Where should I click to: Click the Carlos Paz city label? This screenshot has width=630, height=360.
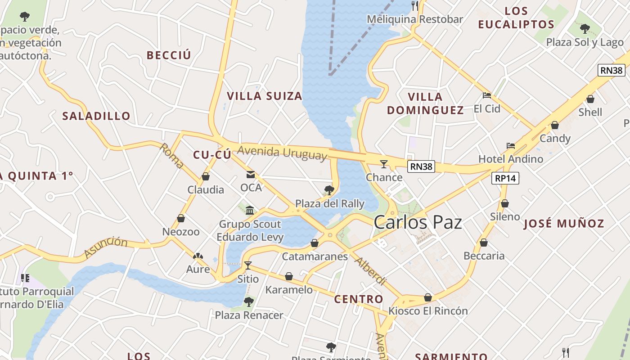[418, 222]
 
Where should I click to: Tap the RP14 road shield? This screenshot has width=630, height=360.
[505, 178]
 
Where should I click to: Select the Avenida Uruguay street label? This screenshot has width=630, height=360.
[282, 153]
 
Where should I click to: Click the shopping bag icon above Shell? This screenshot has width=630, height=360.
[590, 99]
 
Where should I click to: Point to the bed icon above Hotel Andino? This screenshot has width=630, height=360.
[510, 146]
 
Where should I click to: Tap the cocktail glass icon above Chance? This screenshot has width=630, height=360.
[384, 164]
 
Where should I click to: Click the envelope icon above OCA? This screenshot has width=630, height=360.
[250, 175]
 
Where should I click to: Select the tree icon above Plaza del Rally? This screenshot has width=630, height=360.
[329, 190]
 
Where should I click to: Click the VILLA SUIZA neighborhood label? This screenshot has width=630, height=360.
[265, 96]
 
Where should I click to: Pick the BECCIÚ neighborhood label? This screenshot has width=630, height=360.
[169, 55]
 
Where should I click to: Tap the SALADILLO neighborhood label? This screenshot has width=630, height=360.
[96, 116]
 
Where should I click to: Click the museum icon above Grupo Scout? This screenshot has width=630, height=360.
[250, 210]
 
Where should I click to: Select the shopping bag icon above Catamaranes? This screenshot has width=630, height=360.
[315, 243]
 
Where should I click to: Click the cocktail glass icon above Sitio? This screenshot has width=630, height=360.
[247, 265]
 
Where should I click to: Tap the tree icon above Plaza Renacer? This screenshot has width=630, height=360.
[248, 301]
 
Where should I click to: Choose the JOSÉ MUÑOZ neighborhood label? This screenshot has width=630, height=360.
[563, 223]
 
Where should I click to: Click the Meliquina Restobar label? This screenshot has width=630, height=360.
[414, 19]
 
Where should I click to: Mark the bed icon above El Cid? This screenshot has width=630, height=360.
[486, 95]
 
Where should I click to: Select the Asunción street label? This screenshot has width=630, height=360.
[106, 247]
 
